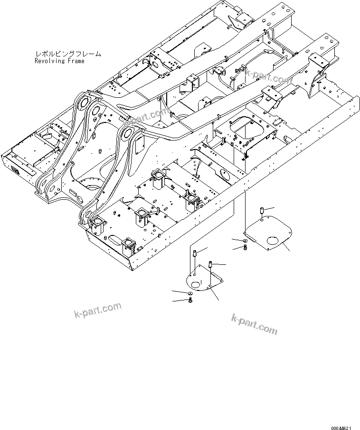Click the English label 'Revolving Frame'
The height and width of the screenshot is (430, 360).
coord(59,61)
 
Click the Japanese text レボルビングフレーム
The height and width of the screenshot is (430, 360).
coord(68,54)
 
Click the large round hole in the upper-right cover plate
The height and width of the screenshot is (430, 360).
coord(274,241)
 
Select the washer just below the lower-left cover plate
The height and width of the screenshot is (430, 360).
coord(189,294)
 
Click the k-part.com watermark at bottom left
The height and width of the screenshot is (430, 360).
coord(98,311)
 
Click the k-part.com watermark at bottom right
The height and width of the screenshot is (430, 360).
coord(254,323)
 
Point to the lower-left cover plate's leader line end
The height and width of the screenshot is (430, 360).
coord(218,300)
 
